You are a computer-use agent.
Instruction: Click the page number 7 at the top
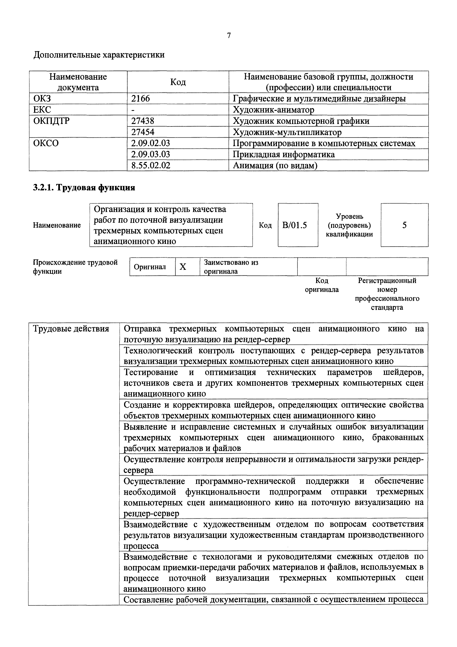(229, 35)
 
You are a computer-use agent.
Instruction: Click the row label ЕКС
(42, 110)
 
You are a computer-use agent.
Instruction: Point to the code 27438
(143, 121)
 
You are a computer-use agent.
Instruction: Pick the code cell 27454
(143, 132)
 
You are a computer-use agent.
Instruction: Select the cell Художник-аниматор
(273, 110)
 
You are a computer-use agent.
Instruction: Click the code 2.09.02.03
(151, 143)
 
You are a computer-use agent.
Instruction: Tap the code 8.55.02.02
(151, 165)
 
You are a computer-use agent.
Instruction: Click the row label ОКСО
(46, 143)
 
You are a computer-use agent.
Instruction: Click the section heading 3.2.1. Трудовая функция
(84, 187)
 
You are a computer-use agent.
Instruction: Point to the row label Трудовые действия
(71, 329)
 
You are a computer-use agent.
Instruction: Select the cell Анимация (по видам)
(275, 165)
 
